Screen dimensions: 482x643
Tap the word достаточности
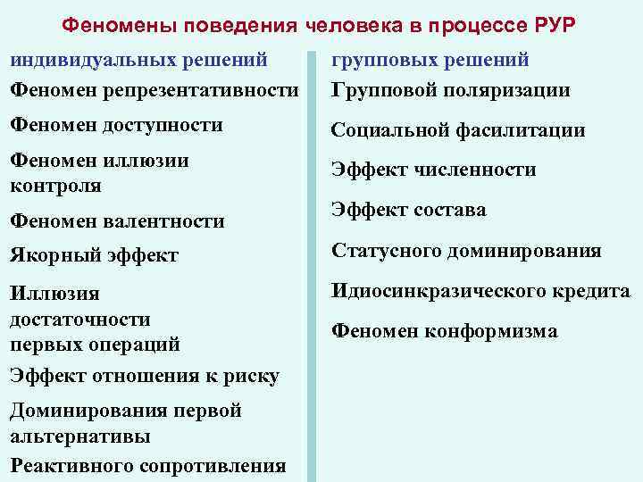pyautogui.click(x=79, y=319)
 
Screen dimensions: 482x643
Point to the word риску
pyautogui.click(x=254, y=377)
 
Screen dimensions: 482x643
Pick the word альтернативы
pyautogui.click(x=79, y=436)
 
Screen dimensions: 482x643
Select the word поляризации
pyautogui.click(x=506, y=90)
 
